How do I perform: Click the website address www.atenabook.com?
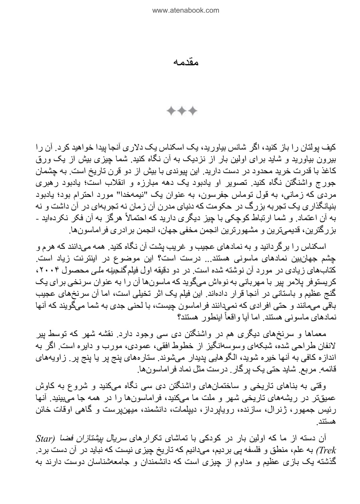coord(186,10)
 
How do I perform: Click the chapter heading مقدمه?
coord(186,62)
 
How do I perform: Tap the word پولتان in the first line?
coord(312,147)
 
